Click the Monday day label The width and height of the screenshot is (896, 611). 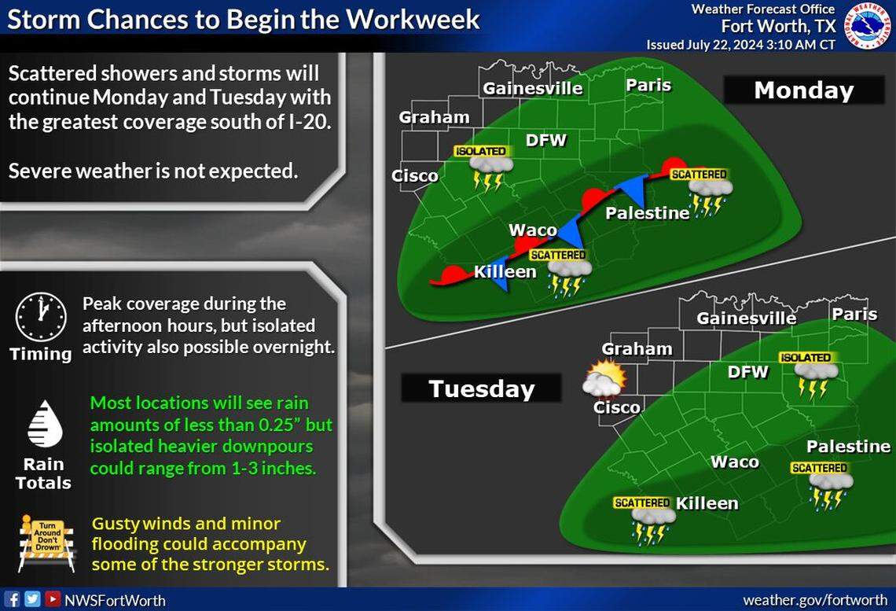(803, 90)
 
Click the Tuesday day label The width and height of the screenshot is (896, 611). (481, 388)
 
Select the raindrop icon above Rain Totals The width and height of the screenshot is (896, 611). (44, 424)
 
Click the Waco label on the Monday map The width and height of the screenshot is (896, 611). (533, 230)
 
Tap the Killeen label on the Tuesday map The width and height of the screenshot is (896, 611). (707, 503)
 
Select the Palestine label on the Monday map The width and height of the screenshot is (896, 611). (647, 213)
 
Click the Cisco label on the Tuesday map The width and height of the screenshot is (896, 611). (616, 407)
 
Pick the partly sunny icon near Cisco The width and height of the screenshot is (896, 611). (604, 379)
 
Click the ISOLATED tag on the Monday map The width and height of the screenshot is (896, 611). (480, 151)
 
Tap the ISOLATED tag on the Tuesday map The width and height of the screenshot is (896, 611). (805, 358)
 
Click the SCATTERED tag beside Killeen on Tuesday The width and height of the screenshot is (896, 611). (641, 502)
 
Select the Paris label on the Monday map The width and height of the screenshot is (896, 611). (648, 85)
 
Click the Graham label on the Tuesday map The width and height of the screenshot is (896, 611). (637, 348)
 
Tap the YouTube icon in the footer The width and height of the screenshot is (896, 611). (53, 599)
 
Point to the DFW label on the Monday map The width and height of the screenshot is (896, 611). (546, 140)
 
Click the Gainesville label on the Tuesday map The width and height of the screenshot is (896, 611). (746, 318)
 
